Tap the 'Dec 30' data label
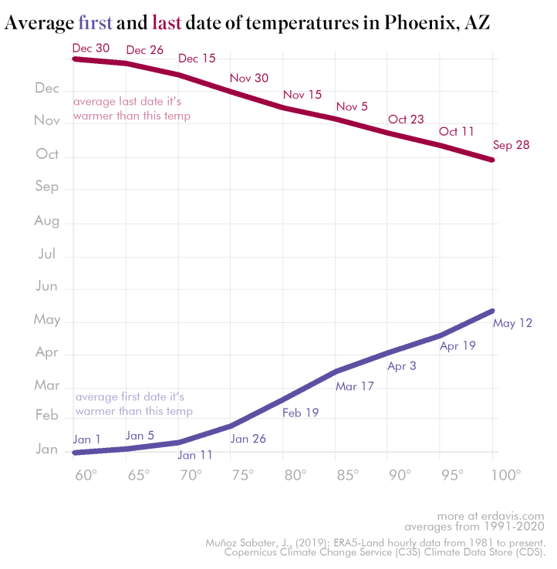click(x=90, y=47)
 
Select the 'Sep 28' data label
click(x=511, y=145)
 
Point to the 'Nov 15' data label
click(x=302, y=94)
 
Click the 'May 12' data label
click(x=512, y=323)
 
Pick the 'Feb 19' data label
click(x=300, y=412)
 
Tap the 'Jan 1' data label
click(x=87, y=439)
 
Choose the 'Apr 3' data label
click(x=401, y=366)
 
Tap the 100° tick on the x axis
click(x=506, y=474)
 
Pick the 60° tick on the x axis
click(x=85, y=474)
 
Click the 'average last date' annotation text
click(x=131, y=108)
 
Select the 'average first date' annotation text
click(x=133, y=404)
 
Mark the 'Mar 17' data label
click(x=354, y=386)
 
